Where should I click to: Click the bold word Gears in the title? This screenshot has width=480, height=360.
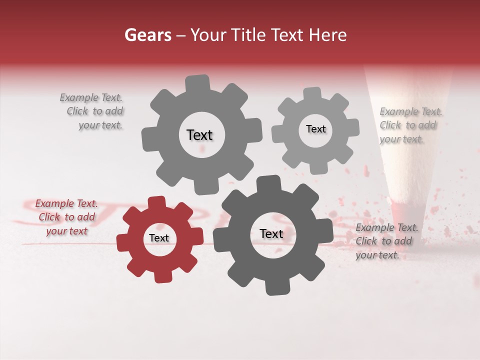click(x=147, y=35)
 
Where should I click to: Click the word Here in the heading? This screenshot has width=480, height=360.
click(x=328, y=35)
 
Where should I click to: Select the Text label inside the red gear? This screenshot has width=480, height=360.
click(x=159, y=238)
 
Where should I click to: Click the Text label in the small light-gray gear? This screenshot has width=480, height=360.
click(x=315, y=129)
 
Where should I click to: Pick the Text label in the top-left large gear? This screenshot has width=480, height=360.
click(x=199, y=135)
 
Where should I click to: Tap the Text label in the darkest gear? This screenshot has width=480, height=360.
click(x=271, y=233)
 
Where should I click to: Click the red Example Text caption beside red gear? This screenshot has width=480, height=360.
click(x=66, y=217)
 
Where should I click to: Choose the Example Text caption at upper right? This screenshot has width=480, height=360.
click(x=410, y=125)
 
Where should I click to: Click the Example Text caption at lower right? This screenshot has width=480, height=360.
click(x=386, y=241)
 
